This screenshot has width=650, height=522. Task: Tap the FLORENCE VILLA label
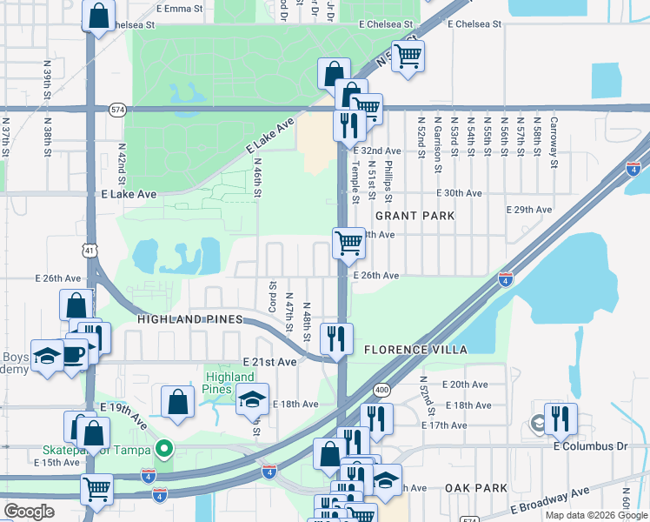pyautogui.click(x=415, y=350)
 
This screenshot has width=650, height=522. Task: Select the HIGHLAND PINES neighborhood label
pyautogui.click(x=189, y=320)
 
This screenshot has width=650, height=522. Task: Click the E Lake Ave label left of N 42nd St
pyautogui.click(x=129, y=195)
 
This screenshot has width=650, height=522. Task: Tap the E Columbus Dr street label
pyautogui.click(x=590, y=446)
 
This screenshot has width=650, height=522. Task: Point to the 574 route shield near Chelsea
pyautogui.click(x=117, y=110)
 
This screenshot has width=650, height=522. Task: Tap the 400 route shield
pyautogui.click(x=381, y=388)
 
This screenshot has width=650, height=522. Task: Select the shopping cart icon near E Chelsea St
pyautogui.click(x=408, y=57)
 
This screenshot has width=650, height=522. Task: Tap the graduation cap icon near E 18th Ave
pyautogui.click(x=252, y=398)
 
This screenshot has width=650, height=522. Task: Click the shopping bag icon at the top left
pyautogui.click(x=99, y=15)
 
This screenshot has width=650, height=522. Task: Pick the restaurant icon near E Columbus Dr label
pyautogui.click(x=560, y=419)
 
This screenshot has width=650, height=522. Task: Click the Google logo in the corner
pyautogui.click(x=30, y=512)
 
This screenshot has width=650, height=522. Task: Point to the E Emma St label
pyautogui.click(x=180, y=8)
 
